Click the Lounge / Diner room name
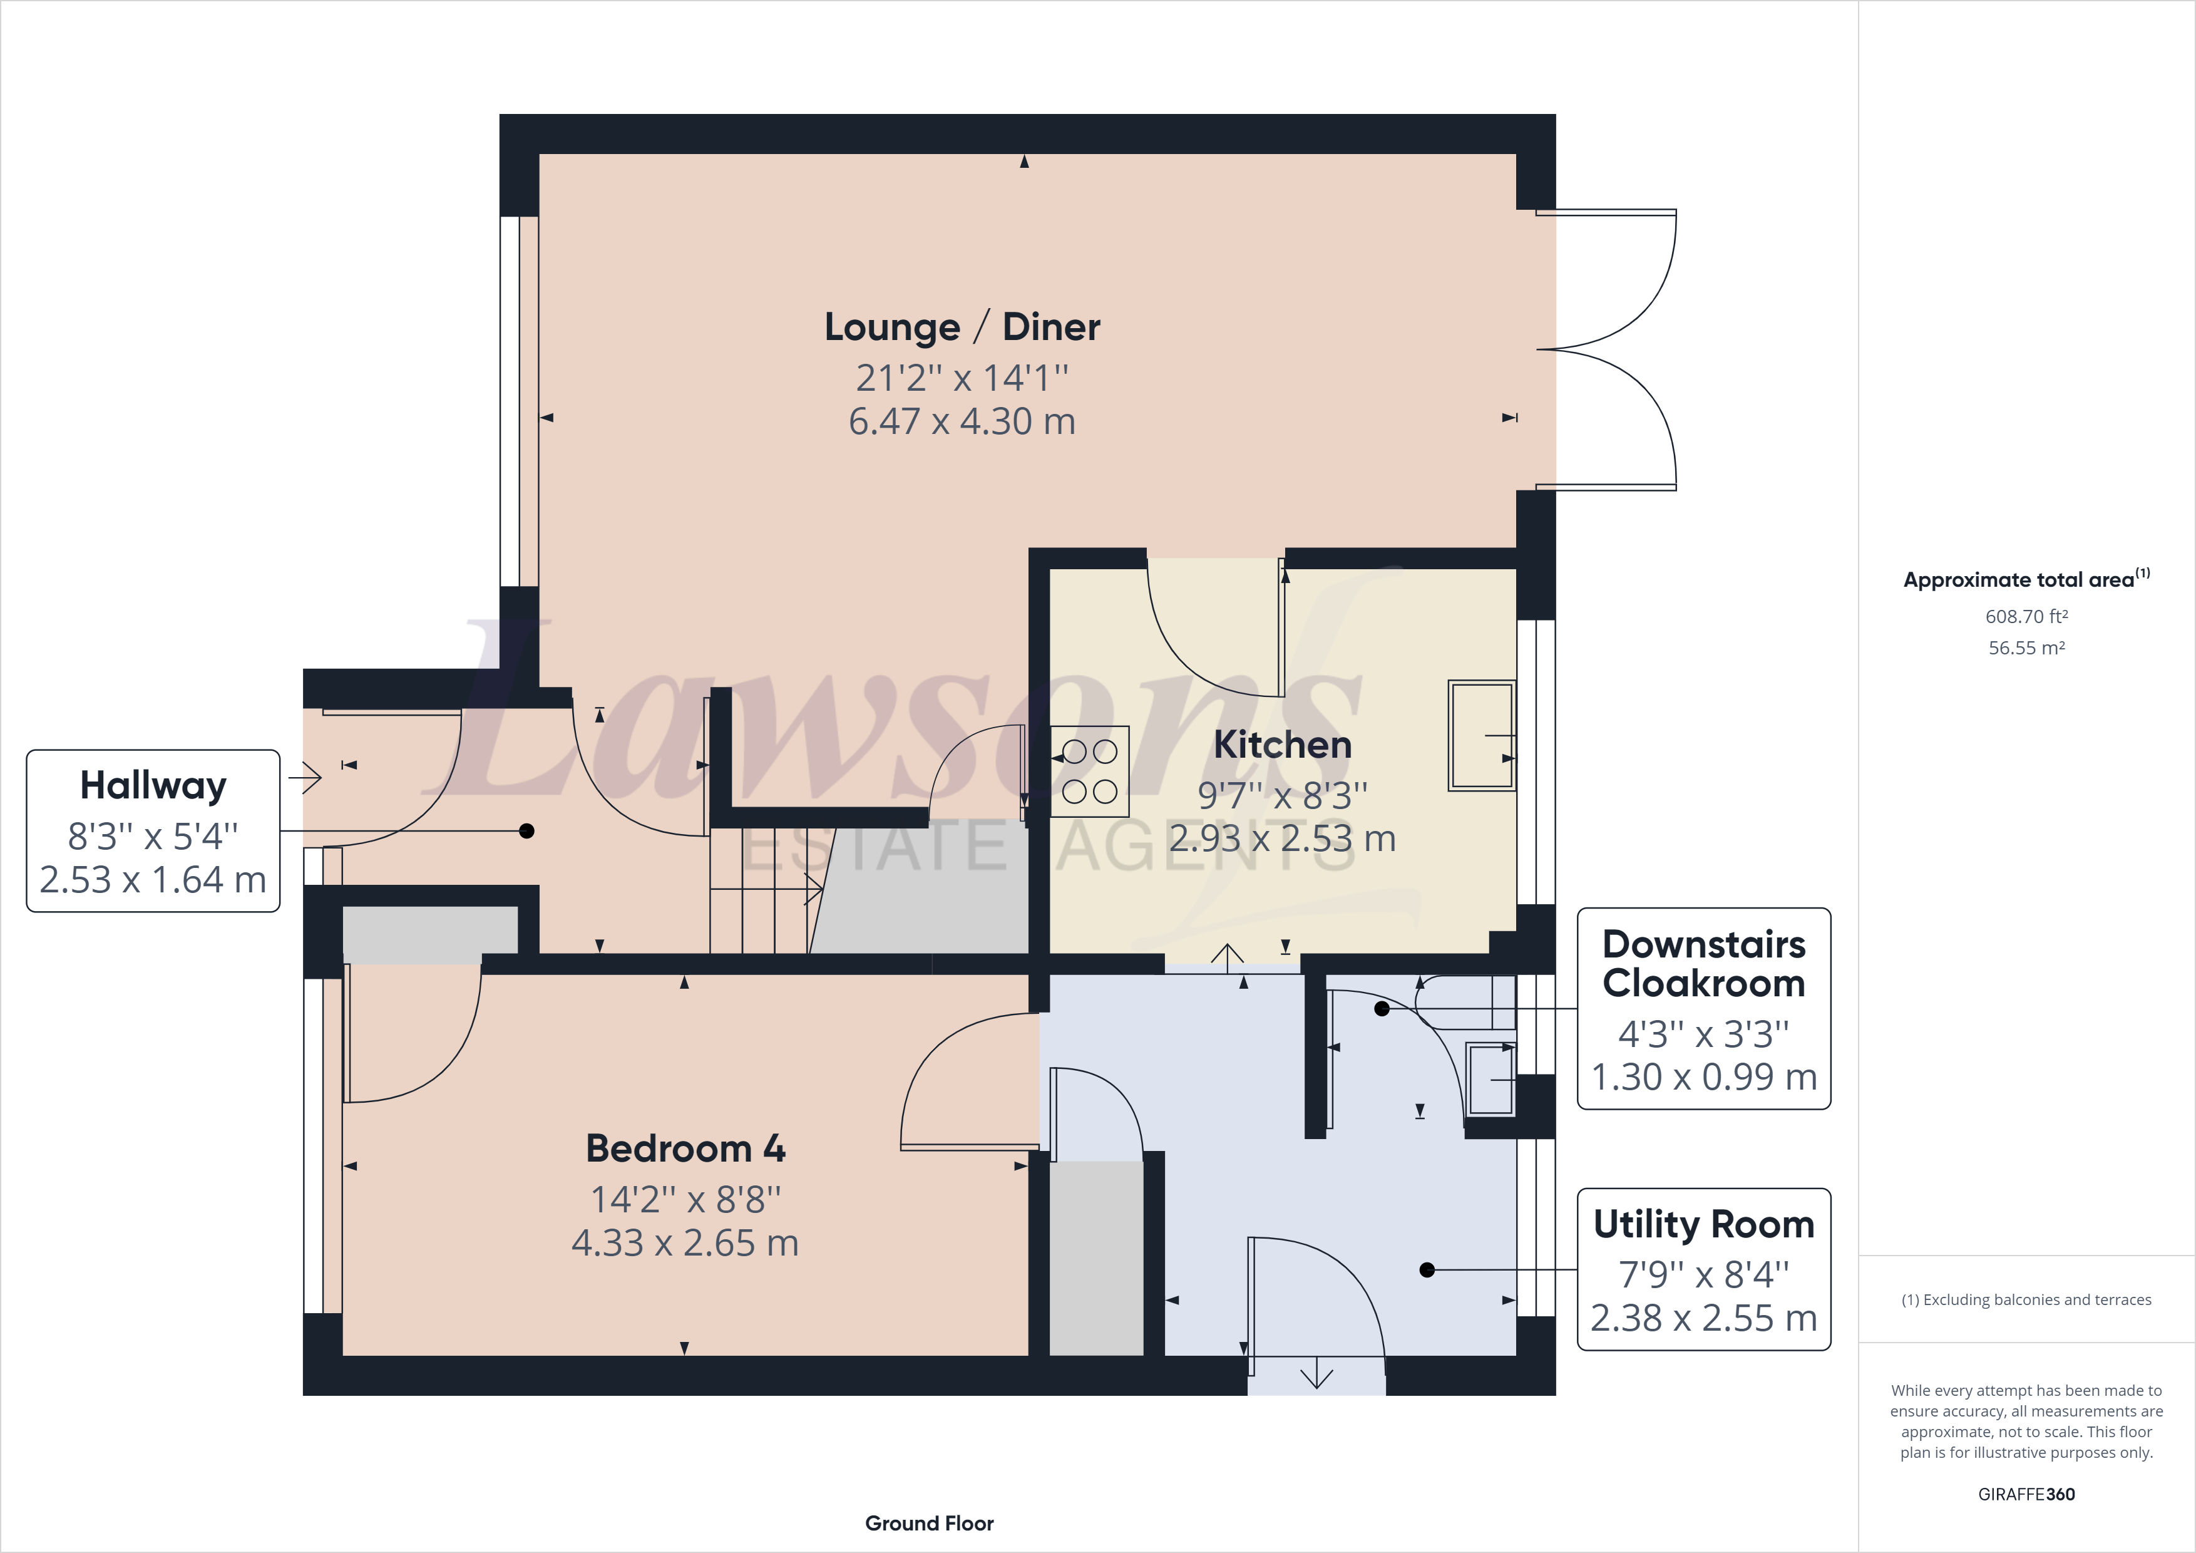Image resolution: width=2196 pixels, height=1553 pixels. (962, 328)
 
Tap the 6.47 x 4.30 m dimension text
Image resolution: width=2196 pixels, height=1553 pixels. (962, 421)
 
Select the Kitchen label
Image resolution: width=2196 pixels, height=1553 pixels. (1283, 745)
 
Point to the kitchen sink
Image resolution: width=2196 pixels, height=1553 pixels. (1482, 735)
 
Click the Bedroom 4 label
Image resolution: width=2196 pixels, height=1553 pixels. (685, 1148)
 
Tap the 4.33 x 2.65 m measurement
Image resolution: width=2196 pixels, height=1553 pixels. (685, 1243)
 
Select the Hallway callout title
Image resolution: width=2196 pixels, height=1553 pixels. (153, 787)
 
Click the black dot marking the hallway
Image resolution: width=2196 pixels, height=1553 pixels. (526, 830)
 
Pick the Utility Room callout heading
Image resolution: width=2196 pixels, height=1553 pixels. (1703, 1225)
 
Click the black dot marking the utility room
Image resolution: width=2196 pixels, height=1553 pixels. (1427, 1270)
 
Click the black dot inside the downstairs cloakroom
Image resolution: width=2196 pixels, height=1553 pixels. (1381, 1009)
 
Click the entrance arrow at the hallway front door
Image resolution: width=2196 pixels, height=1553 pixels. (305, 777)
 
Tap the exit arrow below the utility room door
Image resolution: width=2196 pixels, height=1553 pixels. (1317, 1373)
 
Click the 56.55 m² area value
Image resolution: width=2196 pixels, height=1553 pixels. (2027, 648)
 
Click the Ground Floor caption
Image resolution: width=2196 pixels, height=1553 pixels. (930, 1524)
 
